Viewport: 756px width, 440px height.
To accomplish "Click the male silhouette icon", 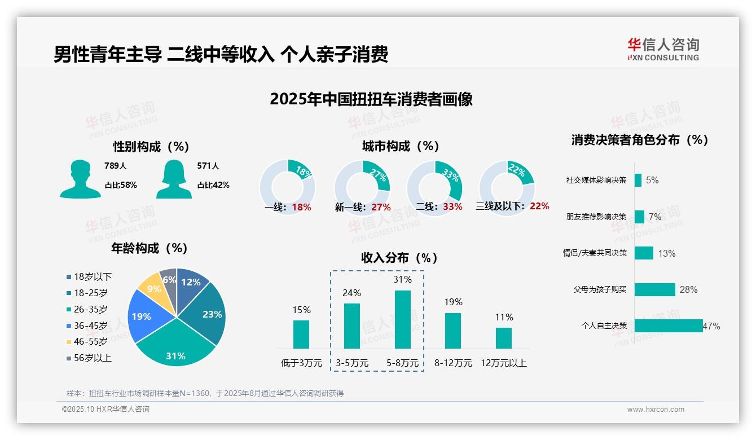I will click(x=80, y=179).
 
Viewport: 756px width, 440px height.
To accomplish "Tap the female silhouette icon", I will click(x=174, y=179).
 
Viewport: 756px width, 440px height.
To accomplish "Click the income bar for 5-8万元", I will click(x=403, y=319).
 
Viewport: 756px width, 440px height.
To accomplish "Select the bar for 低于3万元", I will click(x=301, y=334).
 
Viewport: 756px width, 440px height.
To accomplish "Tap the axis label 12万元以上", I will click(x=503, y=363).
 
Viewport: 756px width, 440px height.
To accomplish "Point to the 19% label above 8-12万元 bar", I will click(x=453, y=302).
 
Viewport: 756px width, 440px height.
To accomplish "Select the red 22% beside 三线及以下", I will click(x=539, y=206).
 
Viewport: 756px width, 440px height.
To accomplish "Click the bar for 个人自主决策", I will click(x=669, y=325).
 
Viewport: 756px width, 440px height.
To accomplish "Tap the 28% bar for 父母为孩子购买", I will click(x=654, y=289).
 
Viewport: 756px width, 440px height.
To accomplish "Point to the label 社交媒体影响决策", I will click(x=596, y=181).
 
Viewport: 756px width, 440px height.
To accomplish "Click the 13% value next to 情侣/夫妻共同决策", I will click(x=666, y=253).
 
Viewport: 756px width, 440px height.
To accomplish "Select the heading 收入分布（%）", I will click(x=399, y=258).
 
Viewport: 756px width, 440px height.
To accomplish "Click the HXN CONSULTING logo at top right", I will click(x=663, y=49).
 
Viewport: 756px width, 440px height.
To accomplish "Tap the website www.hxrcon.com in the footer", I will click(x=656, y=410).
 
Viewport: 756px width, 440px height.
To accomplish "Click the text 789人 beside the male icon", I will click(x=116, y=166).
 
